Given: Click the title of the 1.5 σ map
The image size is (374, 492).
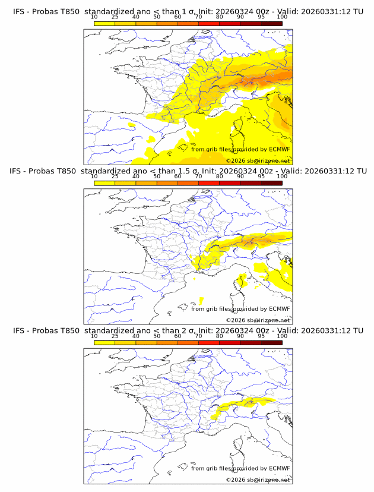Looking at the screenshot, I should click(x=188, y=171).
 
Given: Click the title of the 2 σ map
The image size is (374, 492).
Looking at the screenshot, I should click(x=188, y=330).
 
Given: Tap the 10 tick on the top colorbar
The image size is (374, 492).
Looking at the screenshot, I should click(x=94, y=17).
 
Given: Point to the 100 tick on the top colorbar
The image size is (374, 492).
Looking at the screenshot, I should click(x=282, y=17).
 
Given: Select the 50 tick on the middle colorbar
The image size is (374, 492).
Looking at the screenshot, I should click(x=157, y=176).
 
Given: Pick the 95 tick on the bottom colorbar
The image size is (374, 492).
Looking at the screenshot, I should click(x=261, y=336).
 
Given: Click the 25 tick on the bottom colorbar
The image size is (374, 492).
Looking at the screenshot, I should click(x=115, y=336).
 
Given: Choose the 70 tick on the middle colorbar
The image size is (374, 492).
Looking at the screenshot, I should click(x=198, y=176).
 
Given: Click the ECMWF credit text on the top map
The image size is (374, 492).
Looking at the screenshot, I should click(x=240, y=149).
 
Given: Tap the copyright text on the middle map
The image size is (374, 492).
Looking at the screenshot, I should click(x=258, y=320).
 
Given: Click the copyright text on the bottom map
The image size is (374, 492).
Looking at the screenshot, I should click(x=258, y=480).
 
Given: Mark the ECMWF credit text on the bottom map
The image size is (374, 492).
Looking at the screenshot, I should click(x=240, y=468).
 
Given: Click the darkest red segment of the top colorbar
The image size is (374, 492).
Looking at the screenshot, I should click(x=271, y=23).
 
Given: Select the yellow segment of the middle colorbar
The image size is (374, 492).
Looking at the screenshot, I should click(x=104, y=183).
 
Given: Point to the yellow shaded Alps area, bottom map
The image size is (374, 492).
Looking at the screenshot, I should click(x=237, y=406).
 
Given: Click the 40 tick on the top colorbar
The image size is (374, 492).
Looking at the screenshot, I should click(x=136, y=17).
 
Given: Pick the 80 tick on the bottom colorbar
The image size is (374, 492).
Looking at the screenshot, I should click(x=220, y=336).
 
